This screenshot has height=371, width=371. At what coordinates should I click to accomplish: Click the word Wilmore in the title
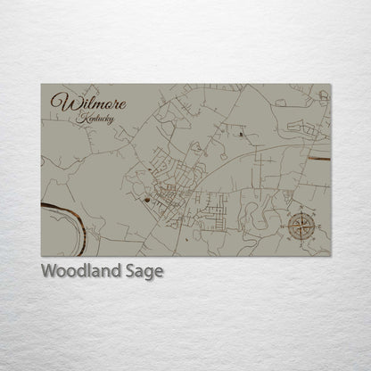[88, 103]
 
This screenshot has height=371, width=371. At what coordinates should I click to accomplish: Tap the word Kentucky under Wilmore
[95, 120]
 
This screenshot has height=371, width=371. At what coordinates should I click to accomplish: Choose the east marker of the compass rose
[318, 226]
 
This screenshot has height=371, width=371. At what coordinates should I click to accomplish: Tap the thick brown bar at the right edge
[319, 158]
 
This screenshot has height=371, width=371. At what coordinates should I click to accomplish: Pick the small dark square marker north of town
[242, 134]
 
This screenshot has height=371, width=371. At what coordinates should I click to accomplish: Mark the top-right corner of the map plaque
[330, 85]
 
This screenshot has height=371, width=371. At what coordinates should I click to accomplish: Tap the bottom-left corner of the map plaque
[41, 256]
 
